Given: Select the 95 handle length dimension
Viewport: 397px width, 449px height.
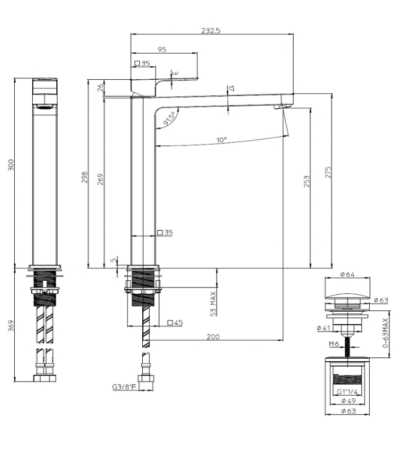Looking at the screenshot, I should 162,49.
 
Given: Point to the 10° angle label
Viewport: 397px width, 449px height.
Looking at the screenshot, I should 222,139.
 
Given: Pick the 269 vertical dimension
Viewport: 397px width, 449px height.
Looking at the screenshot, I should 100,178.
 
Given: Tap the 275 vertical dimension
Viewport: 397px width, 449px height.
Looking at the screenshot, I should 328,171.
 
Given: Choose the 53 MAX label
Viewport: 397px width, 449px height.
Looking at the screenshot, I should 212,304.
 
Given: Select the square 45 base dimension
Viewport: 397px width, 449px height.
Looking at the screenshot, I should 175,322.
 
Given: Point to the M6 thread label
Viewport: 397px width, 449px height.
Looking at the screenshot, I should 333,344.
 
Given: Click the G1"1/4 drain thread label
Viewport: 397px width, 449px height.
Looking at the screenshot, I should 346,391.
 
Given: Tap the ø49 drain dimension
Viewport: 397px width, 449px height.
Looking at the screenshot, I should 346,400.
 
